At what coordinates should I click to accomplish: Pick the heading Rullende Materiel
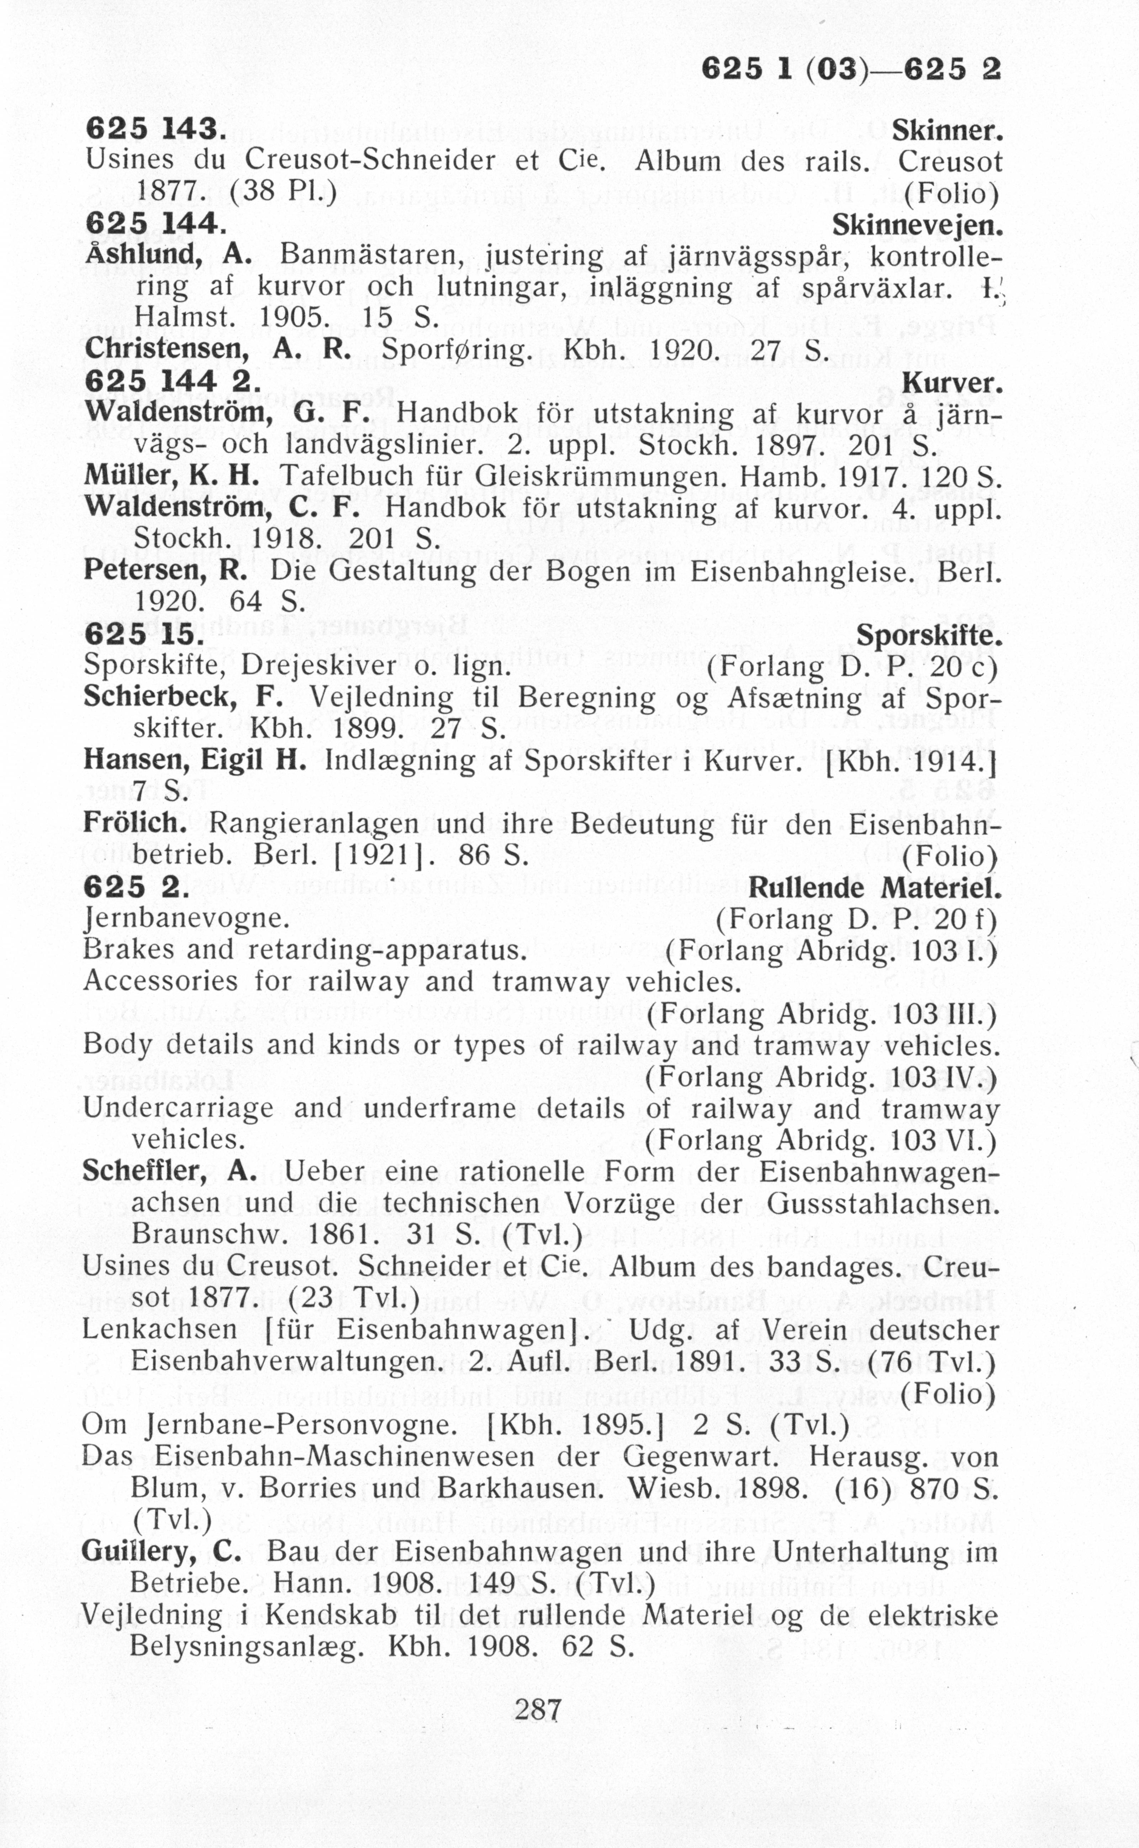pos(875,888)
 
